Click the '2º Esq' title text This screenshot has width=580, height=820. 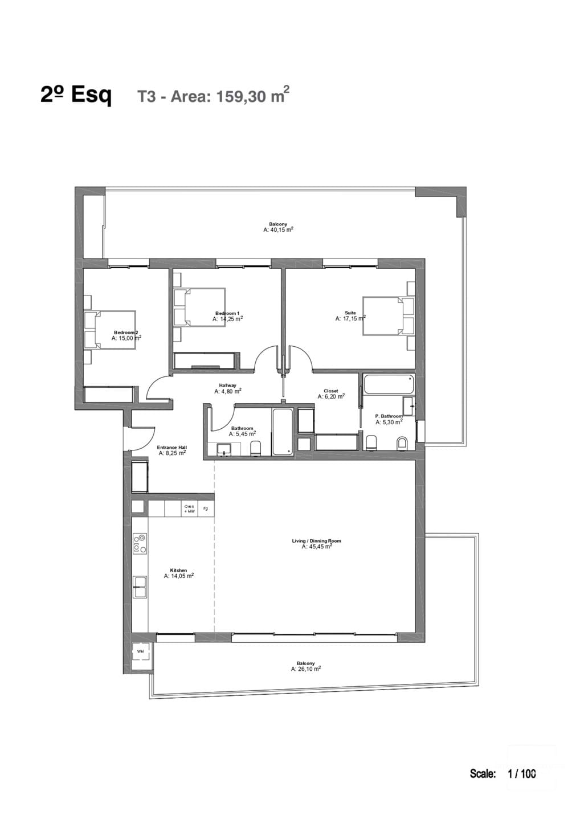click(x=76, y=95)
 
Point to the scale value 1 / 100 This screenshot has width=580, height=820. click(x=521, y=773)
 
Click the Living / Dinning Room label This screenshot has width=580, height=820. click(x=316, y=540)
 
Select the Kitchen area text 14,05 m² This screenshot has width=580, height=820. click(x=178, y=576)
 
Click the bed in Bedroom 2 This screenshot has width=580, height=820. click(x=111, y=329)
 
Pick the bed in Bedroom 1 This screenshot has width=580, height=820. click(x=199, y=307)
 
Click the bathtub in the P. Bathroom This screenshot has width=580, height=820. click(x=389, y=384)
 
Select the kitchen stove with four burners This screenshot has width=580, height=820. click(x=140, y=543)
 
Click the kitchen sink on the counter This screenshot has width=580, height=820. click(x=140, y=587)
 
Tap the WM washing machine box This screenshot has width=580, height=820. click(x=141, y=651)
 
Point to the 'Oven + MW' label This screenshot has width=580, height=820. click(x=189, y=509)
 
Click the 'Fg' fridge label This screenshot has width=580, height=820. click(x=206, y=509)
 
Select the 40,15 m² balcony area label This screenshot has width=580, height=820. click(x=278, y=230)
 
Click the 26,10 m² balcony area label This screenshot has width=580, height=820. click(x=305, y=670)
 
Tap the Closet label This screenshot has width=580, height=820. click(x=330, y=391)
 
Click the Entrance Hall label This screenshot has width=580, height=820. click(x=171, y=448)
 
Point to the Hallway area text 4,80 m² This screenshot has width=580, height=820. click(x=227, y=392)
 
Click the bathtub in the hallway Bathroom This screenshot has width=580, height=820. click(x=283, y=431)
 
